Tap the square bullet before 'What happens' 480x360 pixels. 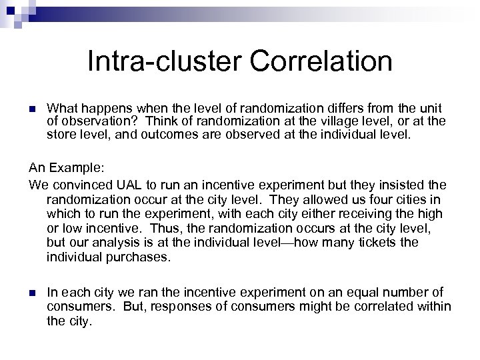coord(32,108)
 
